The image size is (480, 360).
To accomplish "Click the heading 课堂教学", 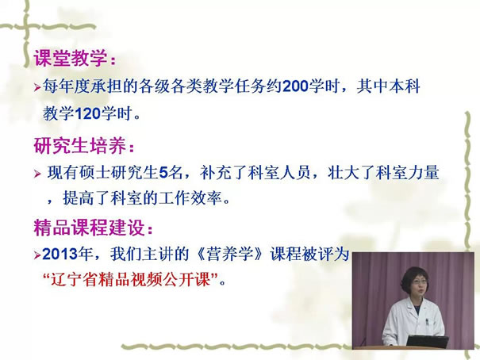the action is pyautogui.click(x=71, y=58).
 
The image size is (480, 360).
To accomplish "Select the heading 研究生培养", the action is pyautogui.click(x=79, y=145).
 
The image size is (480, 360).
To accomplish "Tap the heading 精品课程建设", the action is pyautogui.click(x=89, y=227).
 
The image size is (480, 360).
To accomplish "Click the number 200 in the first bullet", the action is pyautogui.click(x=295, y=86).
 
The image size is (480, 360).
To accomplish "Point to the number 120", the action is pyautogui.click(x=88, y=113).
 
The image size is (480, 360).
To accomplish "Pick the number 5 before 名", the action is pyautogui.click(x=163, y=173).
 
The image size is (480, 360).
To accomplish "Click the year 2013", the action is pyautogui.click(x=60, y=255).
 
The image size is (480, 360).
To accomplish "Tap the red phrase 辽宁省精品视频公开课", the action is pyautogui.click(x=131, y=280).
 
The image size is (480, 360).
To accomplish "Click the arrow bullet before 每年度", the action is pyautogui.click(x=37, y=88).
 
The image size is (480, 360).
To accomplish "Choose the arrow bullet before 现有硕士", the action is pyautogui.click(x=37, y=174).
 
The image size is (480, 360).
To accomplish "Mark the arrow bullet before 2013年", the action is pyautogui.click(x=37, y=255).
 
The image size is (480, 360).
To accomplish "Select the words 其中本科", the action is pyautogui.click(x=388, y=86).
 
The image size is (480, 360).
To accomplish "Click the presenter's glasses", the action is pyautogui.click(x=418, y=283).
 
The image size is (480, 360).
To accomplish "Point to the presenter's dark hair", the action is pyautogui.click(x=414, y=275).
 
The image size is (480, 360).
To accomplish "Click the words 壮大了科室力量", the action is pyautogui.click(x=383, y=173).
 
